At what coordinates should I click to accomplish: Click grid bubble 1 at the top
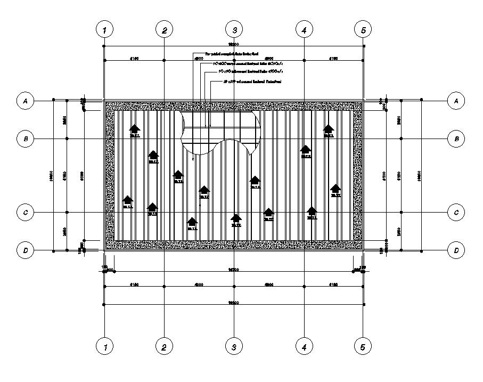[x=105, y=30]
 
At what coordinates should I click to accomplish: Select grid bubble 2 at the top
[x=165, y=30]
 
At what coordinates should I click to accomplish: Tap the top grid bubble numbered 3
[x=234, y=30]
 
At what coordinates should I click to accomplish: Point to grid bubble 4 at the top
[x=304, y=30]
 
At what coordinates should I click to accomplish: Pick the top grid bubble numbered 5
[x=363, y=30]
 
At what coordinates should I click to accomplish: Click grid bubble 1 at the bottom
[x=105, y=347]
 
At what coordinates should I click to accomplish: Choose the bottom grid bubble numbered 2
[x=165, y=347]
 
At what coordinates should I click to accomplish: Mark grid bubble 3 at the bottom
[x=234, y=347]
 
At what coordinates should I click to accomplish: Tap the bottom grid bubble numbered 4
[x=304, y=347]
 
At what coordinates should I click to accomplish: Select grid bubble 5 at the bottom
[x=363, y=347]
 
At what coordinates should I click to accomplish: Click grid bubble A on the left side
[x=25, y=100]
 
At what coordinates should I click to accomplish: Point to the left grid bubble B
[x=25, y=139]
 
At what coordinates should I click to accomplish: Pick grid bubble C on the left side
[x=25, y=213]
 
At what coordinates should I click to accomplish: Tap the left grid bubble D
[x=25, y=250]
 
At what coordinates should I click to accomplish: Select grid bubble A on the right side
[x=456, y=100]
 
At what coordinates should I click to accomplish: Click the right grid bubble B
[x=456, y=139]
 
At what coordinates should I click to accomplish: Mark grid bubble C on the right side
[x=456, y=213]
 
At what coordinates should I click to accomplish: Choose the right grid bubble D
[x=456, y=250]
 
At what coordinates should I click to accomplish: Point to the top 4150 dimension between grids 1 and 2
[x=134, y=57]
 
